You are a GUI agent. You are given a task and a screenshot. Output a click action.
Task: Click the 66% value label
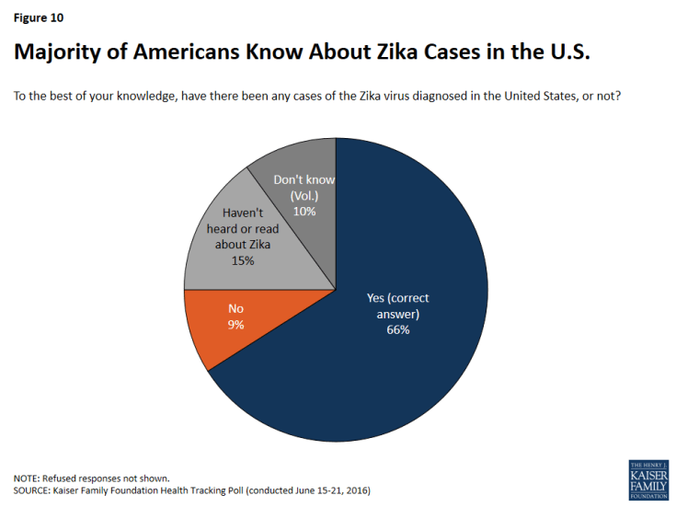398,329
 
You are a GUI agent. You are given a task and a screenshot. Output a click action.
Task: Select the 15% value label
243,260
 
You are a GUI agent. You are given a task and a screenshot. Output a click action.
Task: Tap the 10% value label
304,211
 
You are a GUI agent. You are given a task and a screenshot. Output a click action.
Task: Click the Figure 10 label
39,17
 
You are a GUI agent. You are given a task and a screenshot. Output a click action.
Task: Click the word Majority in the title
60,53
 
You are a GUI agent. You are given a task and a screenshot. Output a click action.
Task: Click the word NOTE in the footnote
27,478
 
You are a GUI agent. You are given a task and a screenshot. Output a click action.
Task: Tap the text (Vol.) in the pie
304,196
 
